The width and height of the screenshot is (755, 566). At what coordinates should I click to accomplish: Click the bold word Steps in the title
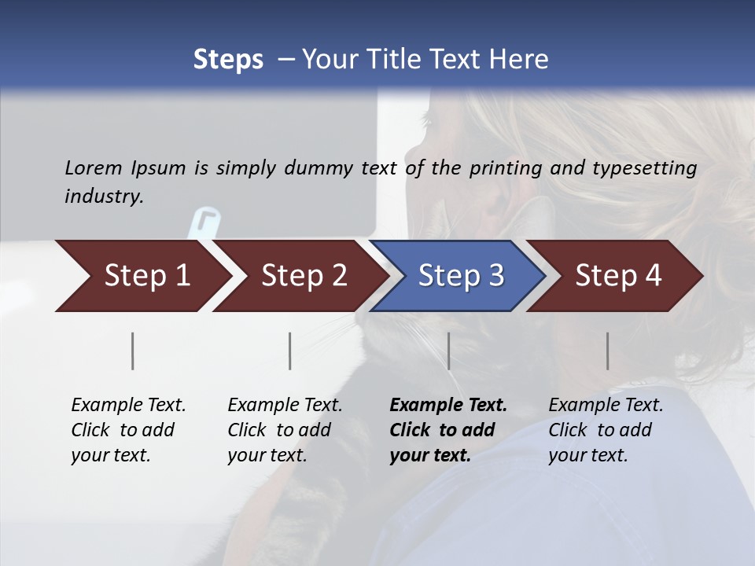coord(228,60)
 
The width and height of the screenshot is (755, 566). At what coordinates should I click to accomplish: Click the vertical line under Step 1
coord(133,351)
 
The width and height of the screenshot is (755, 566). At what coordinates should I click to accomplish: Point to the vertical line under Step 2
coord(290,351)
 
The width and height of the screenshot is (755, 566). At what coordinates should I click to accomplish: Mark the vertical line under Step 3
coord(449,351)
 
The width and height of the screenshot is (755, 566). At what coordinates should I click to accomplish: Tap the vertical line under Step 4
coord(608,351)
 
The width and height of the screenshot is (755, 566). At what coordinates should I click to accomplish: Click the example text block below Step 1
coord(128,430)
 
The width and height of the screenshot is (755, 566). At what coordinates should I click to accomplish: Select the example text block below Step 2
coord(285,430)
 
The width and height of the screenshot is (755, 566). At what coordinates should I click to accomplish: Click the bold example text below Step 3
coord(447,430)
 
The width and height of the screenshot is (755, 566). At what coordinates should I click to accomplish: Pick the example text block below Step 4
coord(606,430)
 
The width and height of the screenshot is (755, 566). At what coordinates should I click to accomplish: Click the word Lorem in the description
coord(94,167)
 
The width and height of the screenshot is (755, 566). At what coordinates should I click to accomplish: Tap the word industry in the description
coord(104,197)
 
